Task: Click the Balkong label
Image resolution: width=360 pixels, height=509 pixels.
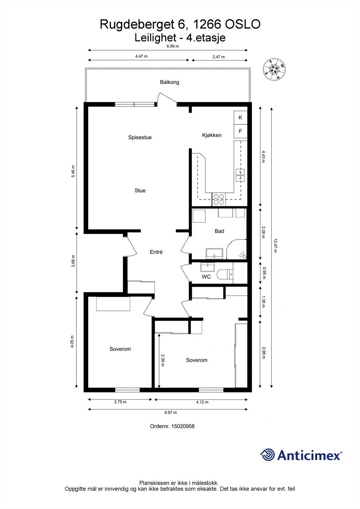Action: point(169,82)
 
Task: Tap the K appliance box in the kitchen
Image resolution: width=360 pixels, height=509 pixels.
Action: point(240,117)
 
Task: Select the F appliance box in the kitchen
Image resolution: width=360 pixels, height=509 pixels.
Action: point(240,131)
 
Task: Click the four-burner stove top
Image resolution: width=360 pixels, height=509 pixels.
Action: point(219,199)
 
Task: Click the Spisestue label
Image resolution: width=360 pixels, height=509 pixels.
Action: point(140,137)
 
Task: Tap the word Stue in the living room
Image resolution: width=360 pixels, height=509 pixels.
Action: point(140,191)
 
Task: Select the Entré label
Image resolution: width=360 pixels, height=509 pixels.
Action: point(156,252)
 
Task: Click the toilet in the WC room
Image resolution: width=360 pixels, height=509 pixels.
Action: point(225,274)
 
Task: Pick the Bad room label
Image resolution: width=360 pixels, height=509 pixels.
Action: point(219,231)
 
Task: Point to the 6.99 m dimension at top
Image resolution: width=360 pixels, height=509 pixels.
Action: point(173,46)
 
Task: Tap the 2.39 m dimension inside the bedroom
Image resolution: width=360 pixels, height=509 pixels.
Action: point(163,360)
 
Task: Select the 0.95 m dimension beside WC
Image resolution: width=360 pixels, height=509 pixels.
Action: point(264,273)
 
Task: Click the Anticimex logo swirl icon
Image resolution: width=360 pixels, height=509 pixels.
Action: point(267,455)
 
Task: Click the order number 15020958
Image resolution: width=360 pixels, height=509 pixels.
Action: point(183,426)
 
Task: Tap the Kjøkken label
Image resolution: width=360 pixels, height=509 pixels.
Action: point(212,135)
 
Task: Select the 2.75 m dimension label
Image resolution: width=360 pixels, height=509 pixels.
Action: point(120,402)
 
